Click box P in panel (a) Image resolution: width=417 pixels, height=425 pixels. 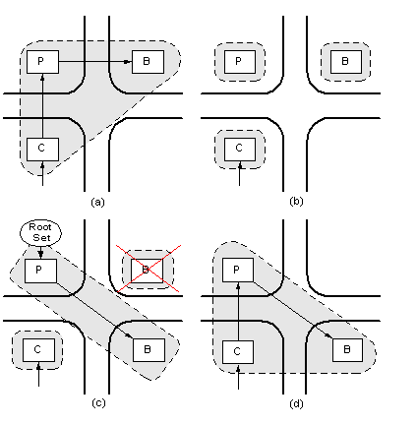(42, 62)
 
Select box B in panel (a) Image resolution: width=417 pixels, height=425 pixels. (148, 62)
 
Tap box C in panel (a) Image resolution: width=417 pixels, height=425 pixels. (42, 150)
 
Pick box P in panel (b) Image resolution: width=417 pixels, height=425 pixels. (240, 62)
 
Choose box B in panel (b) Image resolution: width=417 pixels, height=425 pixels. (346, 62)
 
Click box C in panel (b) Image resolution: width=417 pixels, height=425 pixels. (240, 150)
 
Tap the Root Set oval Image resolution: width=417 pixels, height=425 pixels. (40, 232)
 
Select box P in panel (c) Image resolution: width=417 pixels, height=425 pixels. (40, 271)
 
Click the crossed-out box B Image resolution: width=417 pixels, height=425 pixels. (147, 271)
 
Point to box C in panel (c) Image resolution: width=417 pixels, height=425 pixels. (38, 350)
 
